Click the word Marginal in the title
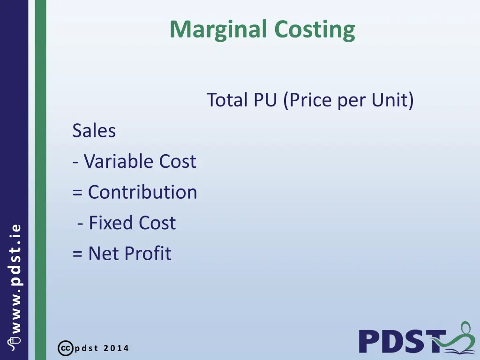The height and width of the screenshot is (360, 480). [219, 30]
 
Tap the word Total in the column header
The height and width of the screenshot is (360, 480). [227, 100]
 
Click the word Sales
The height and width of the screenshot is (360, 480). [94, 131]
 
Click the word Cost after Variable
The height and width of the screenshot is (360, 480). [177, 162]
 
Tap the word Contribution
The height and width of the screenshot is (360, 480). [142, 192]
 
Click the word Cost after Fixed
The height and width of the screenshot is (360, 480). [157, 223]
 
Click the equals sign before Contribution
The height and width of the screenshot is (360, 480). [77, 193]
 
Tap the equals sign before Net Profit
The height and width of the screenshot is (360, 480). [77, 254]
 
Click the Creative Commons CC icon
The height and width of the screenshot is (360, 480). [65, 348]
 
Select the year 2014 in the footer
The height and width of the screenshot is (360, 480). [116, 348]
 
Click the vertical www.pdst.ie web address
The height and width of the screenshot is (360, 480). [15, 281]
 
